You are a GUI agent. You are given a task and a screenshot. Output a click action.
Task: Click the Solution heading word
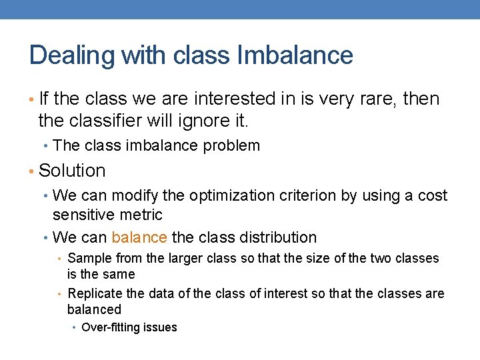[x=72, y=171]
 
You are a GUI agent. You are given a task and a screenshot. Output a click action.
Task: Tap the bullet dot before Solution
[x=33, y=171]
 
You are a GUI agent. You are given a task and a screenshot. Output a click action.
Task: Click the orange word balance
[x=139, y=237]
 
